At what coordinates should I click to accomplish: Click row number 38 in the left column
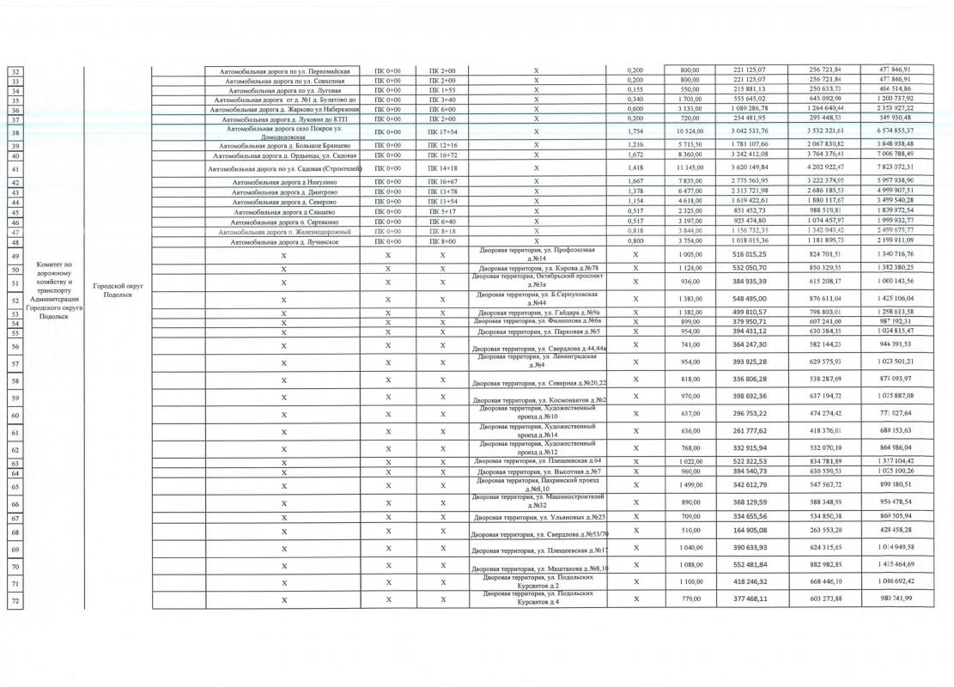coord(15,133)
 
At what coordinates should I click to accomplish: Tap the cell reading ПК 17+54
coord(441,133)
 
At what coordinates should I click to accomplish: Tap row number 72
coord(15,600)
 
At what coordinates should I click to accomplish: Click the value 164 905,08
coord(750,530)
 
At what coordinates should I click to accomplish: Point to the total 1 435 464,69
coord(900,567)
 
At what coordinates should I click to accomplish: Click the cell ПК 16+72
coord(441,155)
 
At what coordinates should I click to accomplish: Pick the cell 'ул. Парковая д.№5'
coord(538,331)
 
